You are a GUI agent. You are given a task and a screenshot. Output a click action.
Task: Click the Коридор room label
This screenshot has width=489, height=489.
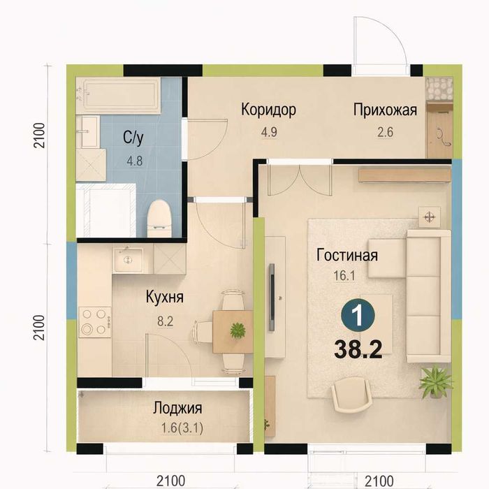point(268,110)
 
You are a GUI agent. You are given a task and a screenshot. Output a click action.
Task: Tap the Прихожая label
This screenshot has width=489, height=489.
point(385,110)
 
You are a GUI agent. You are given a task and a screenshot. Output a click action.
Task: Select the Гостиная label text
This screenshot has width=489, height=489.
point(347,255)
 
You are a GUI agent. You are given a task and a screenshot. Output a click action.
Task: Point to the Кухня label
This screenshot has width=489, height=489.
point(165,297)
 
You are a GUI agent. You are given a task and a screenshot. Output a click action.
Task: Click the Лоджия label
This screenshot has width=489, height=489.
point(177,408)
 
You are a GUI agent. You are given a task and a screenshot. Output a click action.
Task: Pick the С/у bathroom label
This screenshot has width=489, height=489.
point(133,137)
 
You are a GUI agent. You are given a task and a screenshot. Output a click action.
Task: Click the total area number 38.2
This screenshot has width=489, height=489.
point(358,349)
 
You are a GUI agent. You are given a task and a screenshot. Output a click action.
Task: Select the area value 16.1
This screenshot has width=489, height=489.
point(344,276)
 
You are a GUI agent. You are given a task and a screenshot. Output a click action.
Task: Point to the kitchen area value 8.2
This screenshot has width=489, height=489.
point(165,321)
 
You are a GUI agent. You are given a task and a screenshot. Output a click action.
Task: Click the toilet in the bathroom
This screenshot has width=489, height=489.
point(159,219)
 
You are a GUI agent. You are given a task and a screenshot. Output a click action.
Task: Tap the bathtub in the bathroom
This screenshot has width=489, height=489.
point(119,95)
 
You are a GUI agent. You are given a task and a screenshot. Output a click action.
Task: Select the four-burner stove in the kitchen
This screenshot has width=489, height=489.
point(95,322)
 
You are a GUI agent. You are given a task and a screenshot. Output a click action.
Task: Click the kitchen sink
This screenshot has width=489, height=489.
point(128,259)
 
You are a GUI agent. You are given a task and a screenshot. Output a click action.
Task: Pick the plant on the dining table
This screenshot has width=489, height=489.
point(238,330)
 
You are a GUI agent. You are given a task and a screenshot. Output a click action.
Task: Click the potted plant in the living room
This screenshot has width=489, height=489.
point(436,382)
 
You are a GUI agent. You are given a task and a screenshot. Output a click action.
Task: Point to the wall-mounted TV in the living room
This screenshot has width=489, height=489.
point(272,297)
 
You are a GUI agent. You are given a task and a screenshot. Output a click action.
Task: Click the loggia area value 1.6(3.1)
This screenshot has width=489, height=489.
point(182,428)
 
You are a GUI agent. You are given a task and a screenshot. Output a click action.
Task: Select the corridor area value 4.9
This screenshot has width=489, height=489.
point(269,132)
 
